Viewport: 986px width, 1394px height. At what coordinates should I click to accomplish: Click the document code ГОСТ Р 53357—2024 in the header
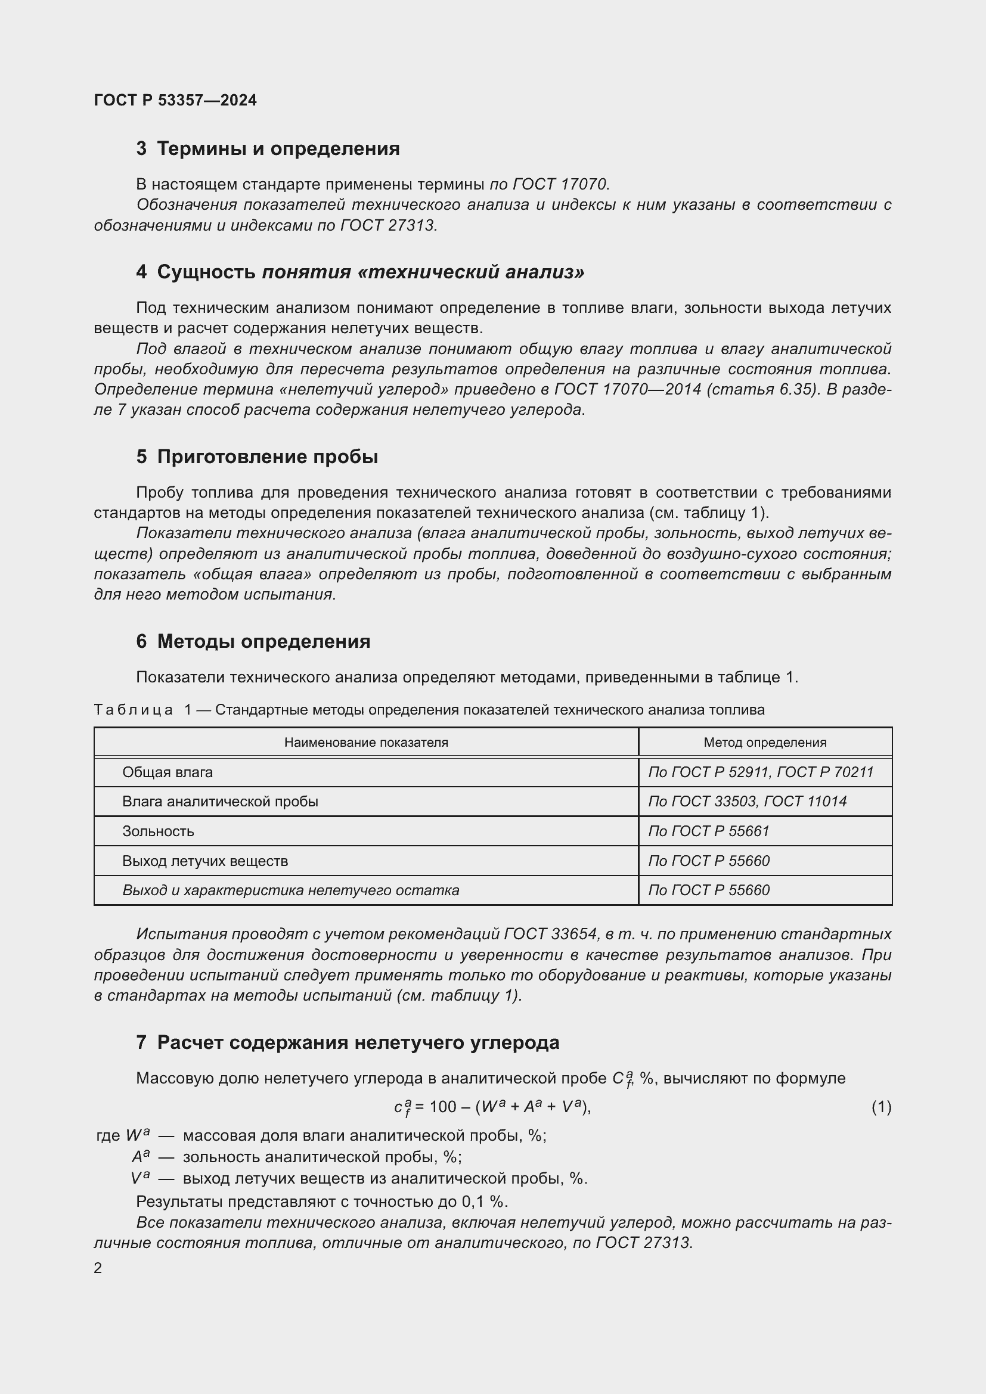[x=175, y=100]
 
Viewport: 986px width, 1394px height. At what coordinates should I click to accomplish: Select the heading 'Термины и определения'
[x=278, y=149]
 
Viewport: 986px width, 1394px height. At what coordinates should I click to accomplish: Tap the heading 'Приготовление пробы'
[x=267, y=457]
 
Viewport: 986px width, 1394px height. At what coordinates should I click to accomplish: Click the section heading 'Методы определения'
[x=263, y=641]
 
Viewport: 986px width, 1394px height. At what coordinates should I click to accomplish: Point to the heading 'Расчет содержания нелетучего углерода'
[x=358, y=1042]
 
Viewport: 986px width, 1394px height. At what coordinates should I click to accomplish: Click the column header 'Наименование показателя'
[x=366, y=742]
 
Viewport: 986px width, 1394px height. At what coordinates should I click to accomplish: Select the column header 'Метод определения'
[x=764, y=742]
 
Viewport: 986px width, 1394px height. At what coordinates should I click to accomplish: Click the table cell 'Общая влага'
[x=168, y=772]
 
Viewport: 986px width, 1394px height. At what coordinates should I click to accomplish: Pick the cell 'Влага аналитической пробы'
[x=220, y=802]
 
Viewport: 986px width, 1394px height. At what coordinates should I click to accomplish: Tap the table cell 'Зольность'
[x=158, y=831]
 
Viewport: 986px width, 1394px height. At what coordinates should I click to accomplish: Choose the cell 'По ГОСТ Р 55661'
[x=709, y=831]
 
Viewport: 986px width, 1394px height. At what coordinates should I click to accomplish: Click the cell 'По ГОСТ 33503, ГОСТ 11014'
[x=747, y=802]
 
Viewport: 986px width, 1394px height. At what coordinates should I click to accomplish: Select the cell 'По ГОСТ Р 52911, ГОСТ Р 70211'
[x=760, y=772]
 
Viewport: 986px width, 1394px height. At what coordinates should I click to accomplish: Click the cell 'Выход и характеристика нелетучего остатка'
[x=290, y=890]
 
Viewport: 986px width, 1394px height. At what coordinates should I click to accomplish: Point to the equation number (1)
[x=881, y=1107]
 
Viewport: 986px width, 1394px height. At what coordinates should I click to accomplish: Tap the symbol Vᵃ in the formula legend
[x=140, y=1178]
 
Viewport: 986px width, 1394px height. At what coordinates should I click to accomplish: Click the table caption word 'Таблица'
[x=134, y=710]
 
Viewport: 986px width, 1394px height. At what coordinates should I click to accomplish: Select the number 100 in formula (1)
[x=442, y=1107]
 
